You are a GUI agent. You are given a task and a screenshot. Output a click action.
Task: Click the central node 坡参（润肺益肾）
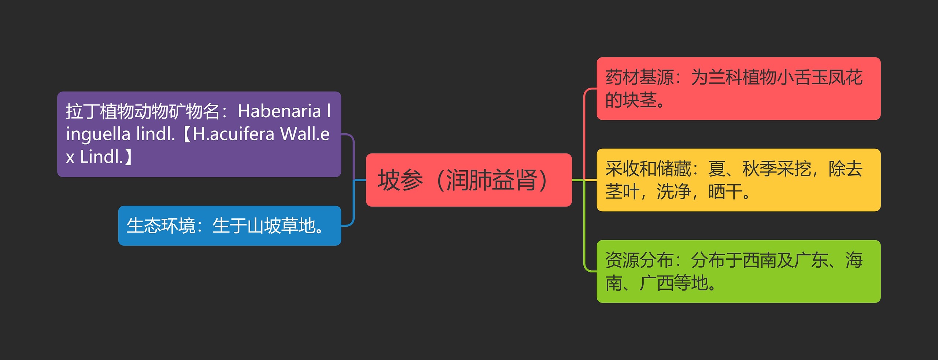[x=469, y=180]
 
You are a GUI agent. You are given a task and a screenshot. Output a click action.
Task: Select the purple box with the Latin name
[x=199, y=134]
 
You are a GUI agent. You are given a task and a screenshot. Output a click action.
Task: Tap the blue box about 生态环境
[x=229, y=226]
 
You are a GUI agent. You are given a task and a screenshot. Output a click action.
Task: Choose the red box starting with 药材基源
[x=738, y=88]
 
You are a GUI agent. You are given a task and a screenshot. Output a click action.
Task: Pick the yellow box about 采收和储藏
[x=738, y=180]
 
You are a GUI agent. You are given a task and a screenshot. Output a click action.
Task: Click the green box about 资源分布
[x=738, y=271]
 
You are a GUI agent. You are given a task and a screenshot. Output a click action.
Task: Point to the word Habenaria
[x=279, y=111]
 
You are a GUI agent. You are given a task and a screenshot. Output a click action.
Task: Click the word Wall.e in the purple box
[x=305, y=134]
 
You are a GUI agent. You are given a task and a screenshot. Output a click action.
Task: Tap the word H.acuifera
[x=233, y=134]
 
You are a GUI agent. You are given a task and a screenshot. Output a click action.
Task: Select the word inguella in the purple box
[x=98, y=134]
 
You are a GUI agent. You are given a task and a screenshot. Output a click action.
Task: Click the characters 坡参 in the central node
[x=400, y=180]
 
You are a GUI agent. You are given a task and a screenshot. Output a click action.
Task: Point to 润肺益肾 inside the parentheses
[x=491, y=180]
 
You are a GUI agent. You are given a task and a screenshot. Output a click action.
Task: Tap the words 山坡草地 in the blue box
[x=281, y=226]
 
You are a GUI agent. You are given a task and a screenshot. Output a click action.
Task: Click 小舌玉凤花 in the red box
[x=820, y=77]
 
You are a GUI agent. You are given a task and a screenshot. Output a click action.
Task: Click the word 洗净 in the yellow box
[x=673, y=192]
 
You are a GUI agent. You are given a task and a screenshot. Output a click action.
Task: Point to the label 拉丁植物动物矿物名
[x=143, y=111]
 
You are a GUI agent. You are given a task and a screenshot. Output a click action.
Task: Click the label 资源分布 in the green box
[x=639, y=260]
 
